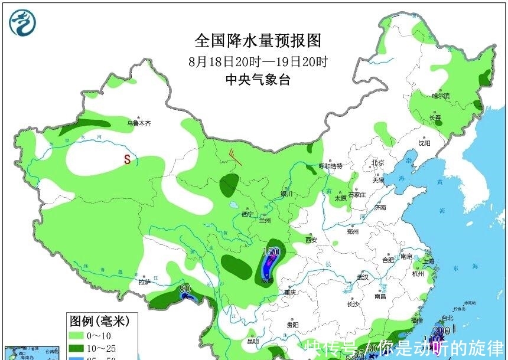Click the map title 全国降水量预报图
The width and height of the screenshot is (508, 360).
(258, 41)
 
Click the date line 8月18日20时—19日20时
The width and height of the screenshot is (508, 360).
(258, 61)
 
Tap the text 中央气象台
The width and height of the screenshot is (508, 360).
(258, 80)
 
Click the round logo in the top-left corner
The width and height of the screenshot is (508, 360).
(22, 22)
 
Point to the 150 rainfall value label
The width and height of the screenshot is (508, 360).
(271, 252)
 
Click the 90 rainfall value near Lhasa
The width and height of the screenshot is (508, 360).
(185, 289)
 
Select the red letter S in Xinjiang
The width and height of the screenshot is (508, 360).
(126, 159)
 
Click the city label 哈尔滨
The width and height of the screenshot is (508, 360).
(441, 96)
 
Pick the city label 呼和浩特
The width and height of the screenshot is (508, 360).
(331, 166)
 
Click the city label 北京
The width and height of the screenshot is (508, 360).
(378, 162)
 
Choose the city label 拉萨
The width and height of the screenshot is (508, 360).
(145, 283)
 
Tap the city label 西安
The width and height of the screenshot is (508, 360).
(312, 240)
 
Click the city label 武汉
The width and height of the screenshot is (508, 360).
(362, 277)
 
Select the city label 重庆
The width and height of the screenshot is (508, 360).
(289, 292)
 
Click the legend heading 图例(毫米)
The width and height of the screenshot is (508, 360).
(99, 322)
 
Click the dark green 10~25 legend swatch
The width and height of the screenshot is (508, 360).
(77, 347)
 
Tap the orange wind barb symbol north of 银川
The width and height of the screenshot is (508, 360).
(235, 158)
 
